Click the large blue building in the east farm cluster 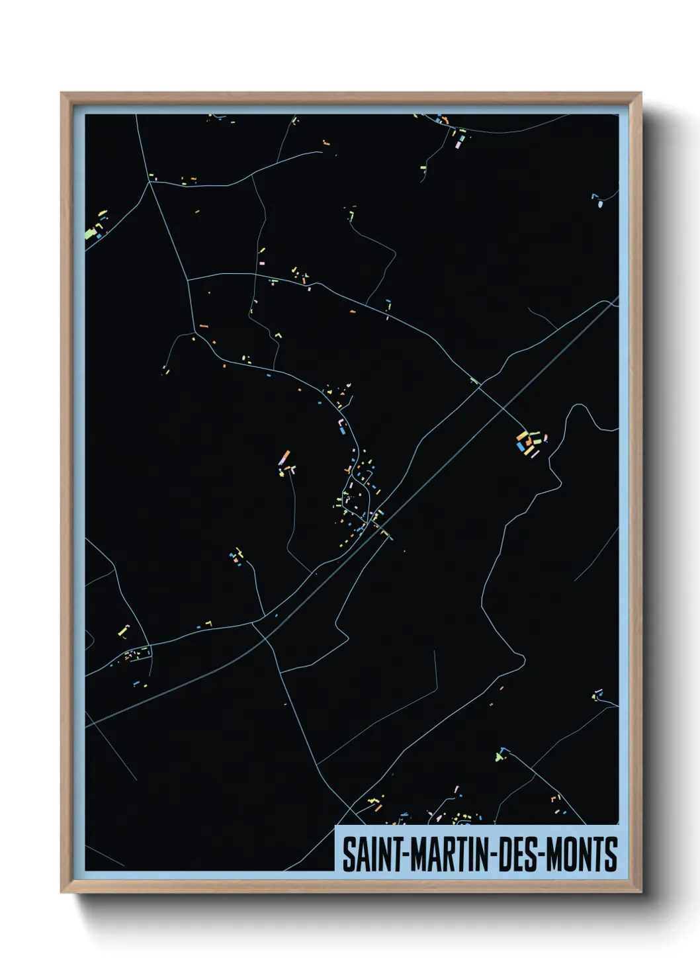pos(529,450)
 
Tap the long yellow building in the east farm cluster pos(521,442)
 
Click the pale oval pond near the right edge pos(601,204)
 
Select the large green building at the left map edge pos(90,233)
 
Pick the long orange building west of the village pos(285,457)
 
